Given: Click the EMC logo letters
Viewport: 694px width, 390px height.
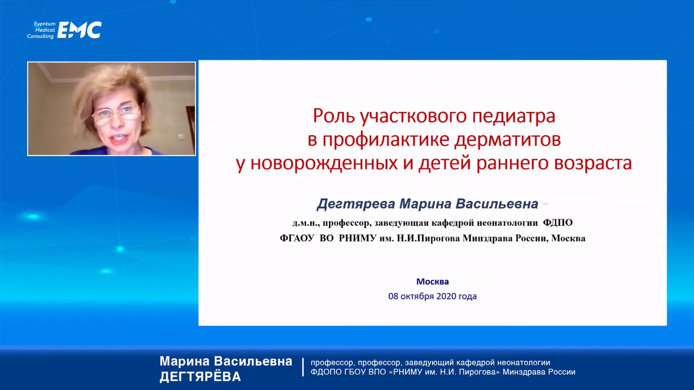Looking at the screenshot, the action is click(79, 30).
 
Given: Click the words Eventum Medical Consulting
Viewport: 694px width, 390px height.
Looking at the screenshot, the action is click(41, 30).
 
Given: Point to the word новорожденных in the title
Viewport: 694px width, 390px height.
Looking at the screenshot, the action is click(324, 164).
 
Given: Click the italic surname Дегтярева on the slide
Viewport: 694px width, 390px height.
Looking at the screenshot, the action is click(356, 204).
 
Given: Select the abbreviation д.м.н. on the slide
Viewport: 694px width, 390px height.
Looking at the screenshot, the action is click(306, 223).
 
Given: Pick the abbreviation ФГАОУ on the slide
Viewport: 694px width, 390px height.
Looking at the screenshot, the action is click(297, 238).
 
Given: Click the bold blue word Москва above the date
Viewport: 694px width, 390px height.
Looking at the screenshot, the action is click(433, 281).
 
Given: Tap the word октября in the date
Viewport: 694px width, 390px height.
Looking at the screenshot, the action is click(417, 296).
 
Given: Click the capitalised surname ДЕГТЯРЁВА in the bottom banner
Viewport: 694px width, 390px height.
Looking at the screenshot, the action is click(200, 376).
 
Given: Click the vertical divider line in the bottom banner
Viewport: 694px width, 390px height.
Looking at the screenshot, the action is click(303, 367).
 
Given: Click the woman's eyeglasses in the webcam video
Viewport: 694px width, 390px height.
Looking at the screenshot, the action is click(116, 114).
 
